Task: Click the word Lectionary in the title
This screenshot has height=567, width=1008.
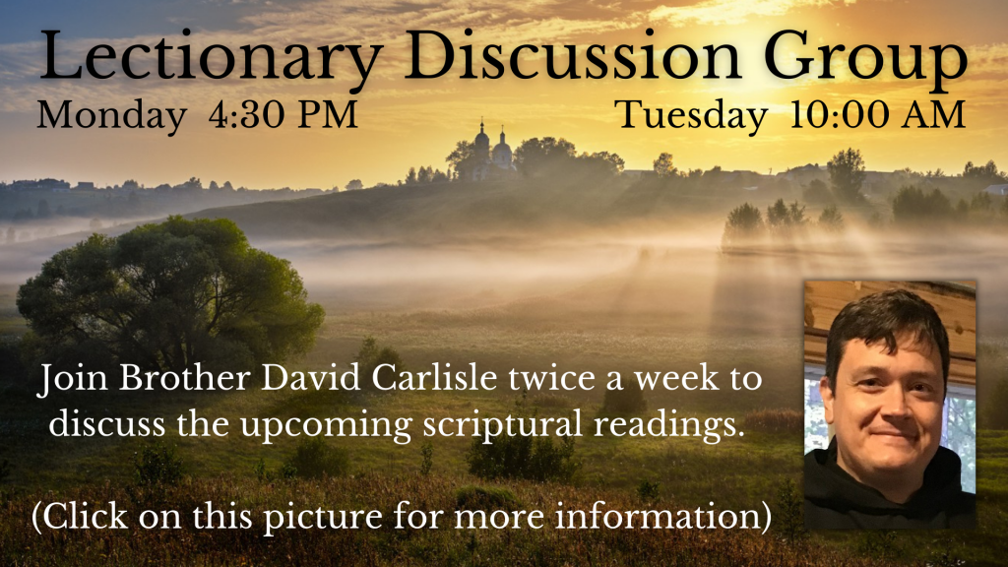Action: (x=212, y=58)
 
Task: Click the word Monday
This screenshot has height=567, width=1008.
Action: (x=111, y=116)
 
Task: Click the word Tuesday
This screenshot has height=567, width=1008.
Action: (x=691, y=116)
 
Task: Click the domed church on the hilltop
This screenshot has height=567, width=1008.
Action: (x=492, y=153)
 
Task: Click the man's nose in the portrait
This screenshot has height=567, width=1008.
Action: (x=889, y=403)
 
